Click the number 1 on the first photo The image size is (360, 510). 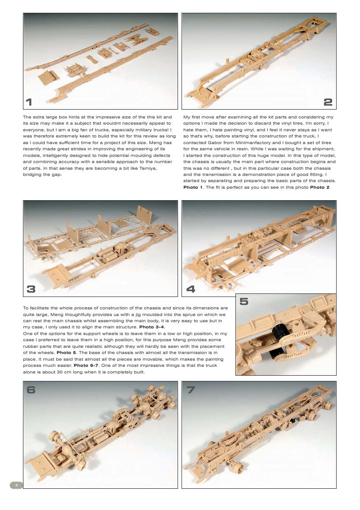29,102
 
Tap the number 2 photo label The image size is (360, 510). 328,102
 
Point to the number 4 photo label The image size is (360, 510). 190,289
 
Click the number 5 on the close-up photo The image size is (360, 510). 244,301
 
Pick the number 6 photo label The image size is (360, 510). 31,389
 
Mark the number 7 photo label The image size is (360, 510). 190,389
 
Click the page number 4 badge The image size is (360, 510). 16,485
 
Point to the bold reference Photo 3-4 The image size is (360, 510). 152,326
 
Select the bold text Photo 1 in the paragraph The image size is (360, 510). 193,187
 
